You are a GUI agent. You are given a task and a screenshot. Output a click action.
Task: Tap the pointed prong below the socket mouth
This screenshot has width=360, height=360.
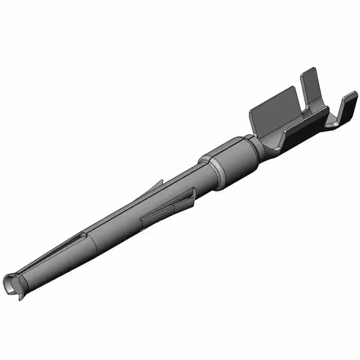coord(21,295)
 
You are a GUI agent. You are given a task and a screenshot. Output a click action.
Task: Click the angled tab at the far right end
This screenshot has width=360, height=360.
coord(349,107)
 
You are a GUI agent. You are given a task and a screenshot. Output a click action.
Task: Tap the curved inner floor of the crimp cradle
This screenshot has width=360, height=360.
coord(281,135)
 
